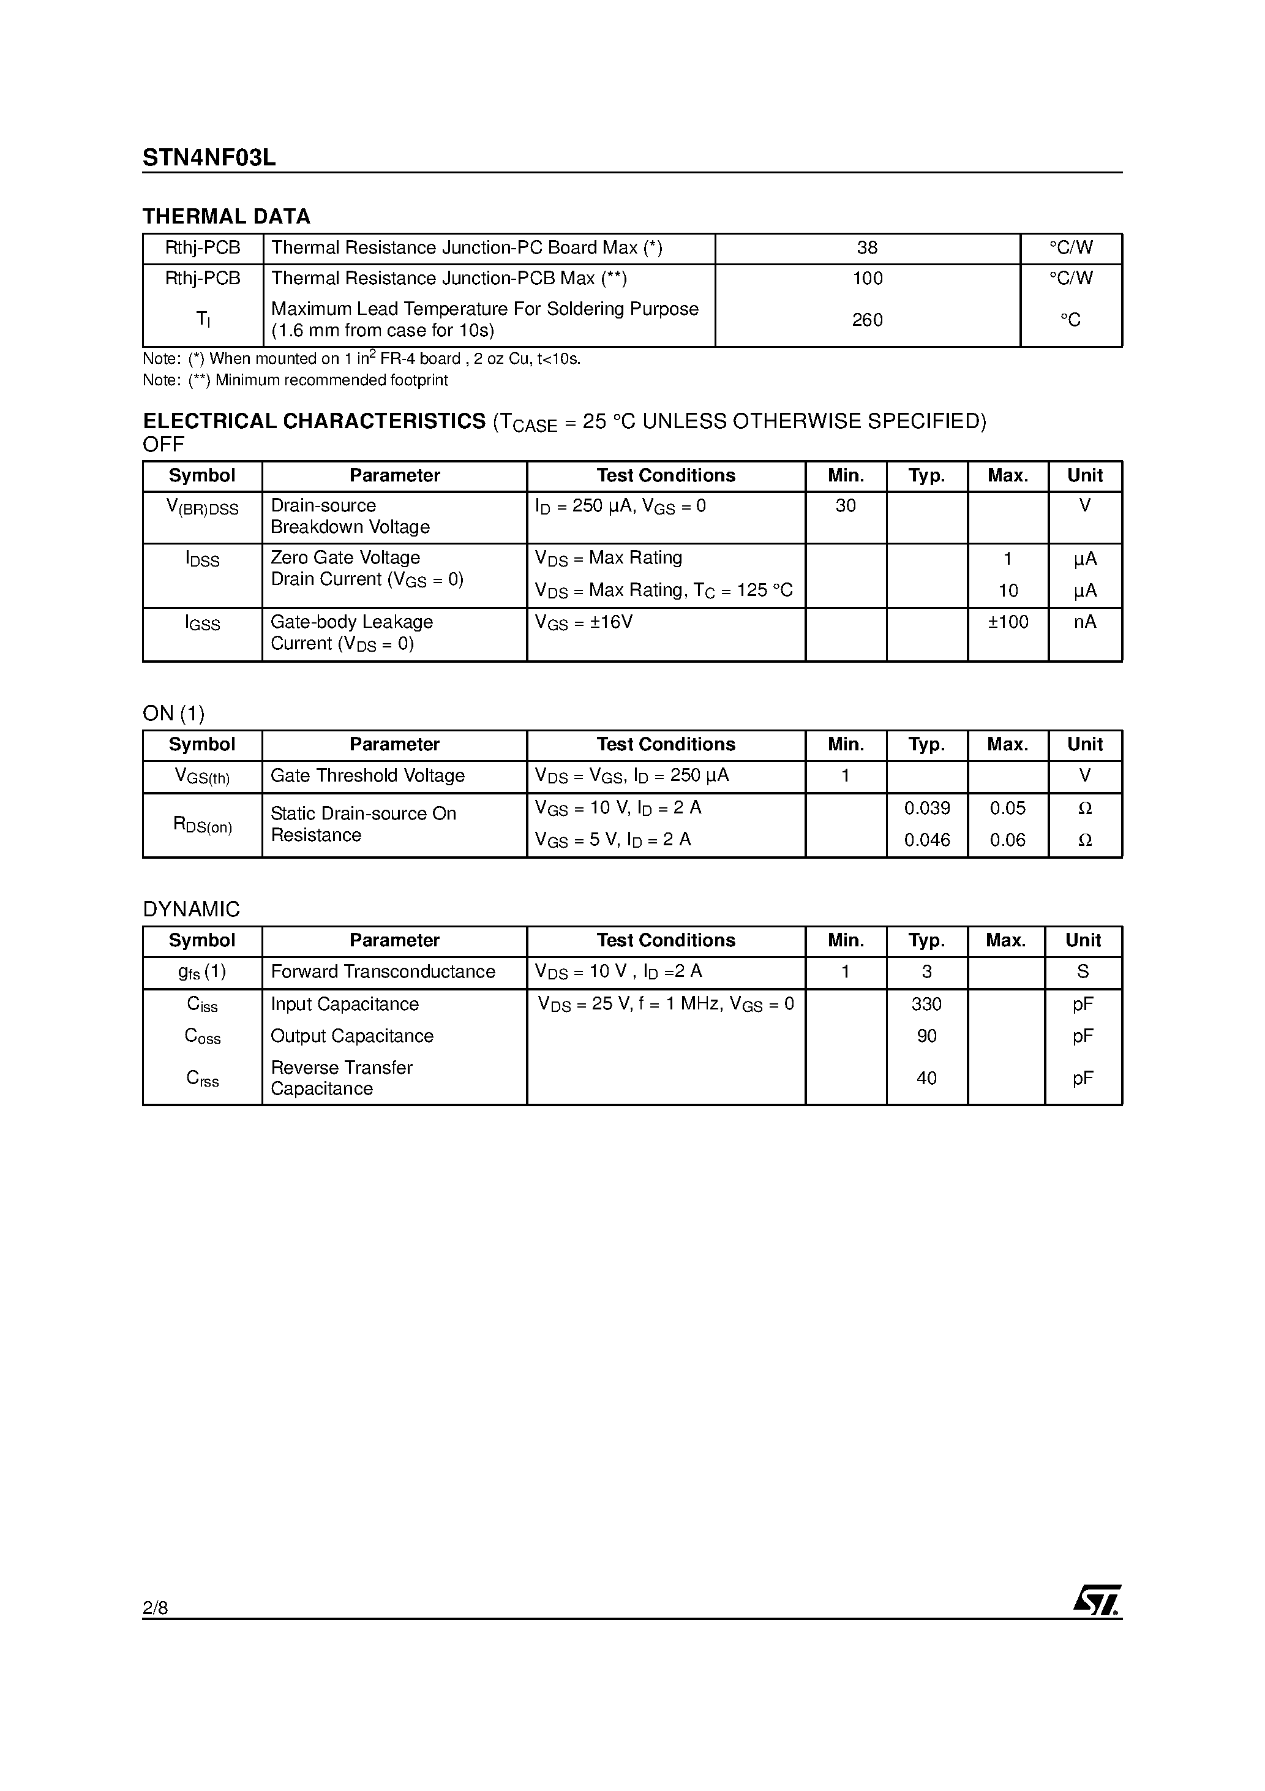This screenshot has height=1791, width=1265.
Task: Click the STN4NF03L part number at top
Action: [x=209, y=159]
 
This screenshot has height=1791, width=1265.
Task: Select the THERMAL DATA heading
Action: [x=226, y=217]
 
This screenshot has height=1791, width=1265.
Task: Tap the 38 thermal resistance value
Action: [x=867, y=248]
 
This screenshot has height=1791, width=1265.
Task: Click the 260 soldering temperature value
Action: [x=867, y=320]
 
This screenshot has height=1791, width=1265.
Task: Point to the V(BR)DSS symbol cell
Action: [x=202, y=508]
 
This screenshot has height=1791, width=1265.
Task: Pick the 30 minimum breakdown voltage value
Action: [x=846, y=507]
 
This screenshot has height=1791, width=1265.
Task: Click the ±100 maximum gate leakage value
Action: [x=1008, y=622]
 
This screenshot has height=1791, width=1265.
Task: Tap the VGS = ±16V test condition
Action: [x=584, y=622]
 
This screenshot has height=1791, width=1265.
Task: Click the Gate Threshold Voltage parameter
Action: [x=367, y=776]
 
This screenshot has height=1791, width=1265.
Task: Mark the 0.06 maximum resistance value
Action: [x=1008, y=841]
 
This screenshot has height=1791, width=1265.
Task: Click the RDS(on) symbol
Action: [x=202, y=825]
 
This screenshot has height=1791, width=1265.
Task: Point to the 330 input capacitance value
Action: [x=926, y=1005]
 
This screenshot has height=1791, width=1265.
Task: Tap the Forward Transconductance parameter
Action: [x=383, y=972]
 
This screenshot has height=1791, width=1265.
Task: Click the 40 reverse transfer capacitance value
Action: [x=926, y=1079]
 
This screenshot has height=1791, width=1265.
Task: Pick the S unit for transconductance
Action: [x=1083, y=972]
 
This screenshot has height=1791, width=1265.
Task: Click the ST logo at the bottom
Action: [x=1097, y=1600]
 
